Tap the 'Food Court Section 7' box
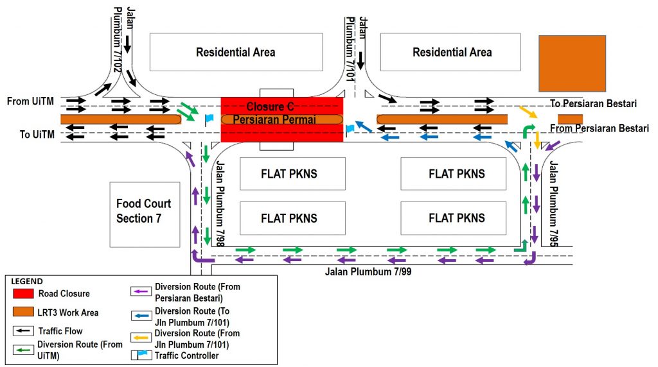click(x=143, y=211)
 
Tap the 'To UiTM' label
click(x=34, y=134)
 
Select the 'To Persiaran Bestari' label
click(x=593, y=103)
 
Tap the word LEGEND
click(x=27, y=282)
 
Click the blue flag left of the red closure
click(x=209, y=119)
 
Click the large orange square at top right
click(x=572, y=64)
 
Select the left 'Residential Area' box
click(x=236, y=53)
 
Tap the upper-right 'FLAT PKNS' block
click(x=457, y=174)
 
